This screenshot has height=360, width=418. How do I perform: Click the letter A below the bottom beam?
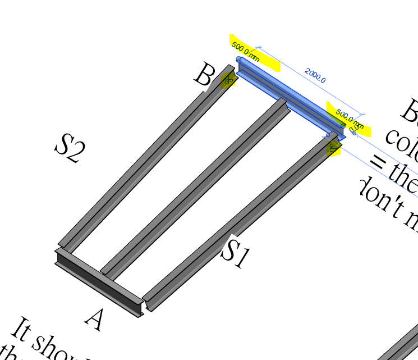95,319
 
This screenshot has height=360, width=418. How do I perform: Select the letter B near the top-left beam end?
204,75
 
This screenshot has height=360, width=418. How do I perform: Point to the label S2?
70,148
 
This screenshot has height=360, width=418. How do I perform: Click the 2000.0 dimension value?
315,75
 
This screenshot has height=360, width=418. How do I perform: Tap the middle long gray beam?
196,188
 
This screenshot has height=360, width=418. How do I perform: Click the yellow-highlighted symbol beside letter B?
228,80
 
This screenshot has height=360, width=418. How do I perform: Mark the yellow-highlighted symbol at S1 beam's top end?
333,148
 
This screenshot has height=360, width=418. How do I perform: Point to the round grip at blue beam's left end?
238,58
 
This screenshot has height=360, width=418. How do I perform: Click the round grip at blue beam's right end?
343,126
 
